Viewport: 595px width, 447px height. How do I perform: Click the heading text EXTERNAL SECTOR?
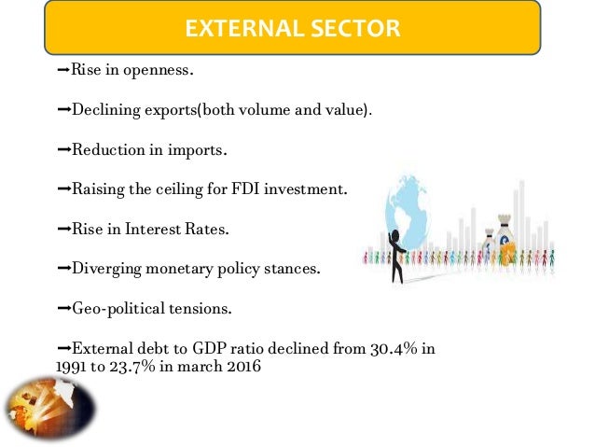(x=292, y=29)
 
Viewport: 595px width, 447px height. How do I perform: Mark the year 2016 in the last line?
(x=243, y=367)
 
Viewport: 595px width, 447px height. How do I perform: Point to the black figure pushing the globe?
(x=397, y=253)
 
